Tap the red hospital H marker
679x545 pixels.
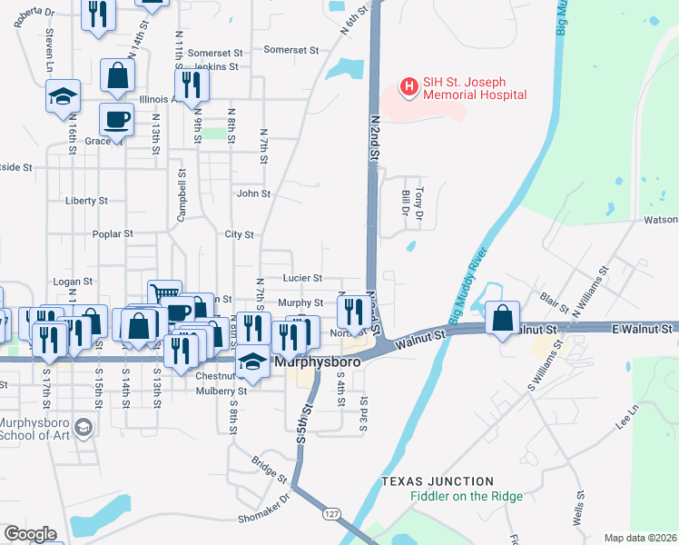tap(408, 87)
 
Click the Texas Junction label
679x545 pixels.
tap(438, 481)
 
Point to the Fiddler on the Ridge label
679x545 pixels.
tap(466, 496)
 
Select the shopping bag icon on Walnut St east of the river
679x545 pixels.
tap(502, 318)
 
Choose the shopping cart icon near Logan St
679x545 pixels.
tap(164, 293)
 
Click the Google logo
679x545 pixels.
tap(30, 534)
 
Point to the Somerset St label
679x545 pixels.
tap(291, 51)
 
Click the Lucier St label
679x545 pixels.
tap(302, 278)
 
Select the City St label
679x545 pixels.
tap(239, 234)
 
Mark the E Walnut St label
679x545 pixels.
tap(643, 327)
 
